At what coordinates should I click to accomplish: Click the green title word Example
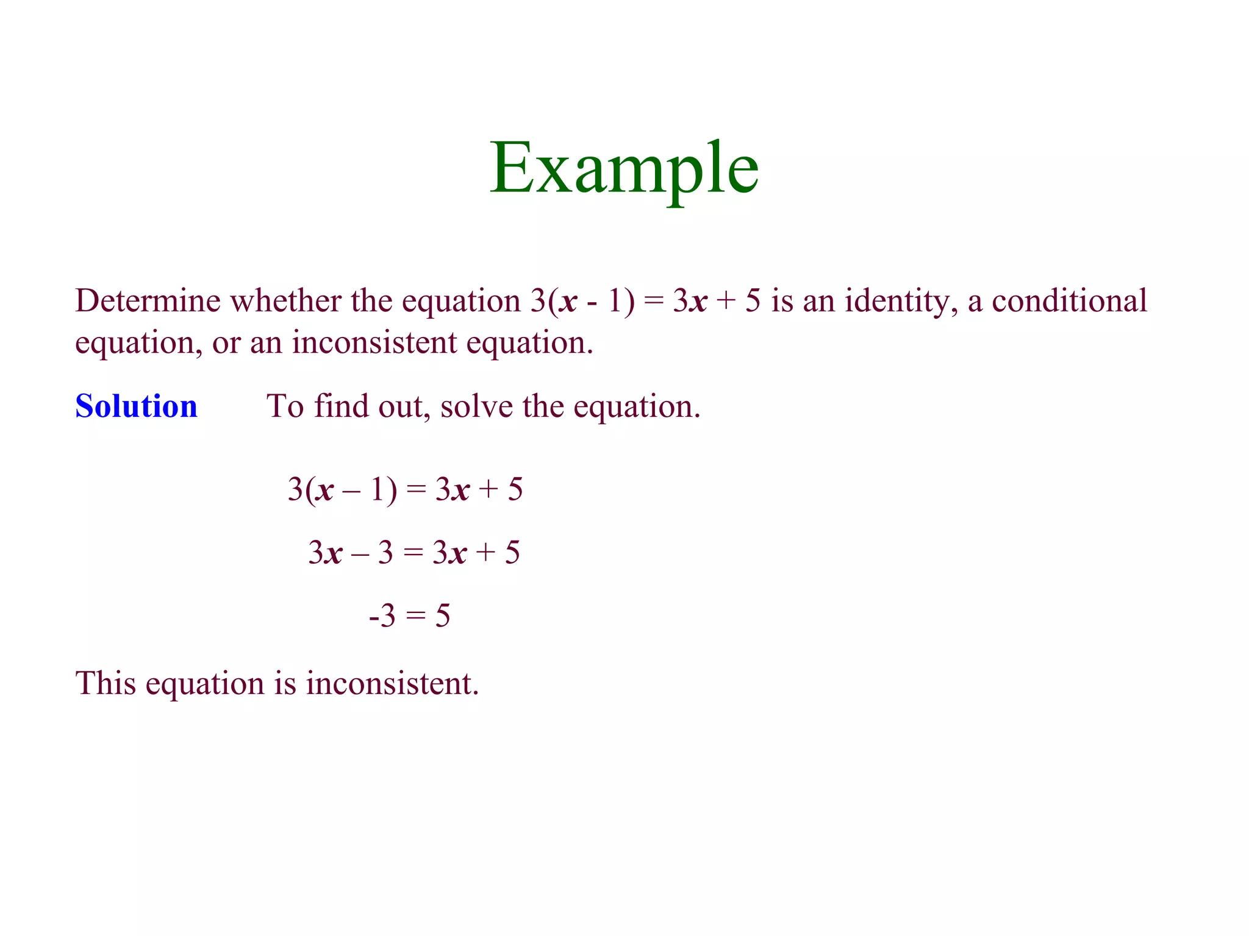coord(624,169)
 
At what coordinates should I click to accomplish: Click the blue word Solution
coord(136,406)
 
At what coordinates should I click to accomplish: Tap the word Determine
coord(148,301)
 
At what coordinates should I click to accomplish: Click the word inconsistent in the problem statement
coord(374,342)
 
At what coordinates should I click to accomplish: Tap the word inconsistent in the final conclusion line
coord(392,683)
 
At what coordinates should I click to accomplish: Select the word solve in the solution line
coord(476,406)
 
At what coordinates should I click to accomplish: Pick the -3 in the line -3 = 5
coord(382,616)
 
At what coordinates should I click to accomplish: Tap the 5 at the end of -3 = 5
coord(443,616)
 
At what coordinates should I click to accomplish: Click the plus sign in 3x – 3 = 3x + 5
coord(486,553)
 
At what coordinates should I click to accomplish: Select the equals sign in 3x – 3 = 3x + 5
coord(413,553)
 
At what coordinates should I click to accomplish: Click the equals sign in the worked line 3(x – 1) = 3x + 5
coord(416,489)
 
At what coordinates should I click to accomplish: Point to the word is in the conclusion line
coord(285,683)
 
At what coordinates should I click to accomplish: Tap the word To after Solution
coord(285,406)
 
